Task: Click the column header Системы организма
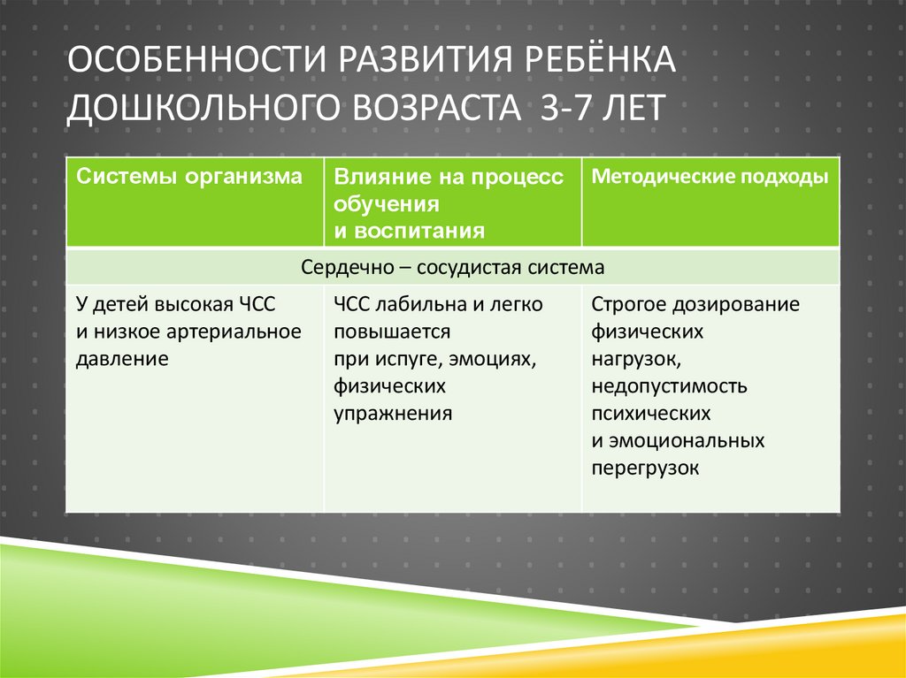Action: tap(189, 177)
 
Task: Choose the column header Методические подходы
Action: tap(710, 177)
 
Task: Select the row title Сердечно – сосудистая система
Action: tap(452, 266)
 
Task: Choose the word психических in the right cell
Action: tap(651, 414)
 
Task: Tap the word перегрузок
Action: tap(645, 469)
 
